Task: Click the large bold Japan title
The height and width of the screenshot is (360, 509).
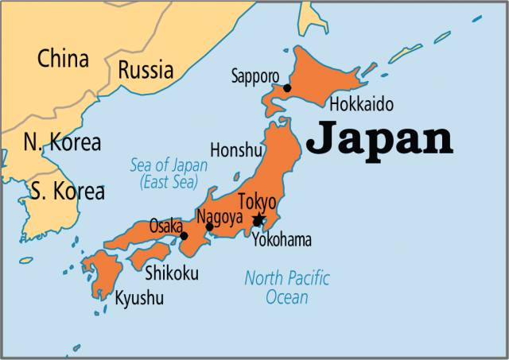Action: click(x=379, y=138)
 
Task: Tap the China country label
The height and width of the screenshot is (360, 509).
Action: click(x=64, y=58)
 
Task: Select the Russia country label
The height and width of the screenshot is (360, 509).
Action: click(x=146, y=70)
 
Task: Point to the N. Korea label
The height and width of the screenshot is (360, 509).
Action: click(x=62, y=143)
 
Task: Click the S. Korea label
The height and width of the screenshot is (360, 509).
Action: click(x=68, y=191)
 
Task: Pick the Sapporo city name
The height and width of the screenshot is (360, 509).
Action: click(x=254, y=76)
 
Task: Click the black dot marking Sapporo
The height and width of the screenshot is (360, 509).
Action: click(x=287, y=88)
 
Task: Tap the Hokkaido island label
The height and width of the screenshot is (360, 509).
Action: click(x=361, y=105)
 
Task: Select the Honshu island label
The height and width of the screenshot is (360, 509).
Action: click(x=235, y=149)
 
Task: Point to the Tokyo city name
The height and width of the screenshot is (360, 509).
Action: click(x=257, y=202)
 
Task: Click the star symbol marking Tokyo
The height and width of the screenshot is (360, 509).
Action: click(x=258, y=220)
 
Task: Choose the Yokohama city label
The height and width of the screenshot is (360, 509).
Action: click(x=282, y=240)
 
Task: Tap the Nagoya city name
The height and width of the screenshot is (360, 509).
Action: click(x=220, y=217)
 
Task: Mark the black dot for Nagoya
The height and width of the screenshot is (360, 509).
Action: click(x=209, y=226)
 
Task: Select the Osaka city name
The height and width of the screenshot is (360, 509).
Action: click(x=166, y=225)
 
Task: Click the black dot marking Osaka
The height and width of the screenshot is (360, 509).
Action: click(x=184, y=235)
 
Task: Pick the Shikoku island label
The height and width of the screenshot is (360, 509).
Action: click(x=173, y=274)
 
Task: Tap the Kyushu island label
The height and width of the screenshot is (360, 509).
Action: click(x=139, y=299)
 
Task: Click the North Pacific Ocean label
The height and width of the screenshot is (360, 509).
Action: click(x=287, y=288)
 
